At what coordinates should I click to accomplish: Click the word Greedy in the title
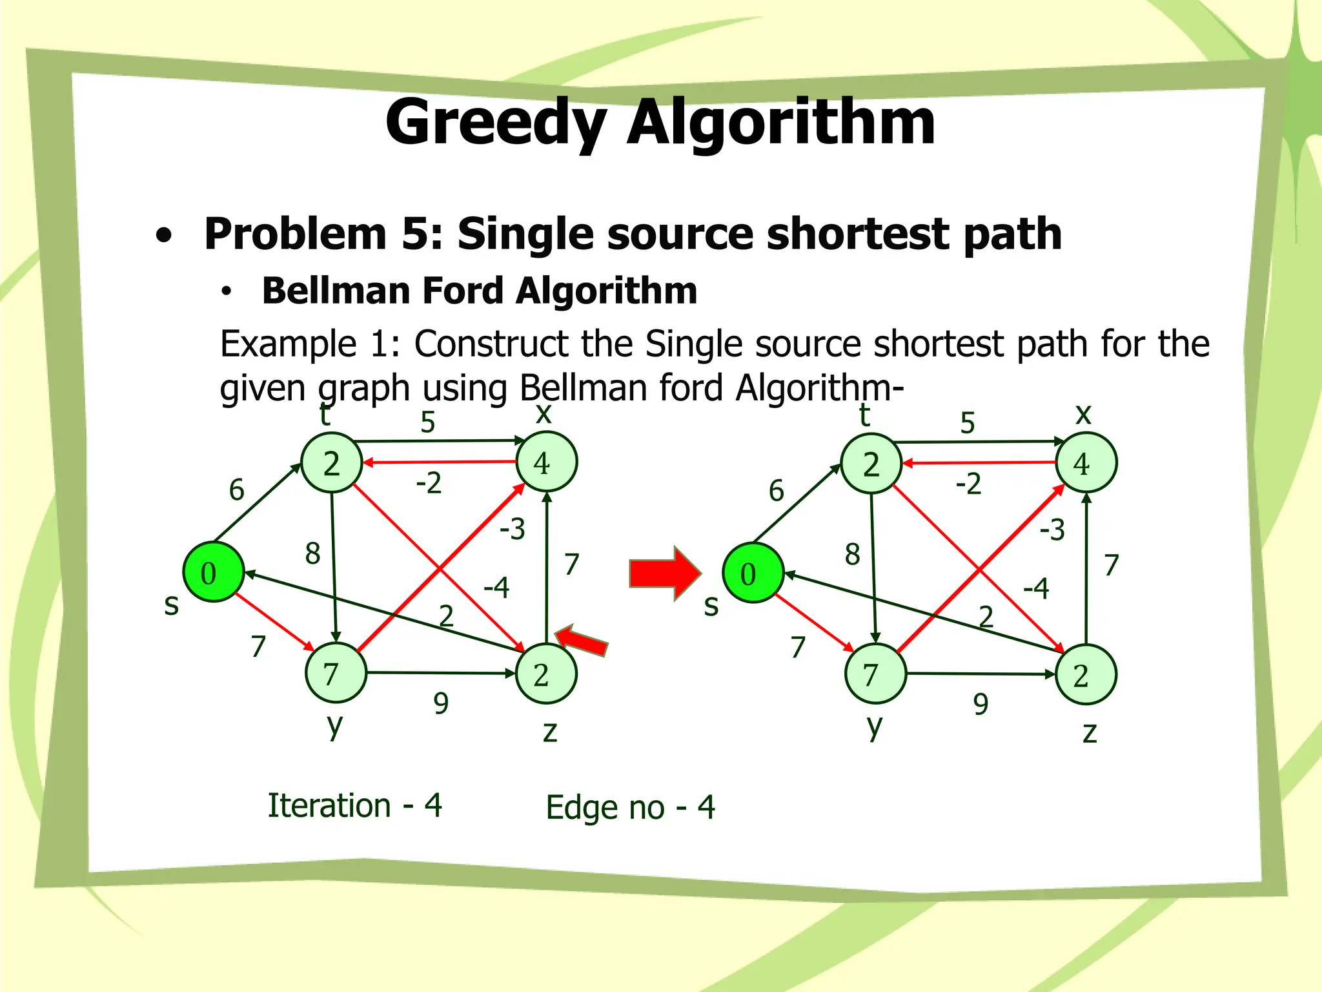tap(496, 123)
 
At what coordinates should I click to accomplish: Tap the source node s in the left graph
tap(213, 572)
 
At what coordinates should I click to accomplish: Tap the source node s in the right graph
tap(753, 573)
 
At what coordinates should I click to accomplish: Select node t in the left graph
tap(332, 463)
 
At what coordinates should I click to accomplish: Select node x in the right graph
tap(1086, 464)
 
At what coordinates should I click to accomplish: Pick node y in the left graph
tap(335, 674)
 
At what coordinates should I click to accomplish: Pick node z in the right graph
tap(1086, 675)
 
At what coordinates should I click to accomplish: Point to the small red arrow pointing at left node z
tap(580, 640)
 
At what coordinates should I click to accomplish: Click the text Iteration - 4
tap(354, 806)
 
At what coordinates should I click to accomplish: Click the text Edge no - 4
tap(630, 807)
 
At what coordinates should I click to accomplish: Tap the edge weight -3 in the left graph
tap(513, 529)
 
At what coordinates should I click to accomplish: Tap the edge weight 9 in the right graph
tap(981, 704)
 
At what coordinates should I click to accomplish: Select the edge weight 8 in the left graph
tap(312, 553)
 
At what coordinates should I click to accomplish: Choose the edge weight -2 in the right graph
tap(968, 484)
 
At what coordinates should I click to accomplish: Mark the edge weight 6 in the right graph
tap(776, 491)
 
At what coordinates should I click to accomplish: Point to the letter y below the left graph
tap(334, 727)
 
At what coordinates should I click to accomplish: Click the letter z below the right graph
tap(1090, 733)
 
